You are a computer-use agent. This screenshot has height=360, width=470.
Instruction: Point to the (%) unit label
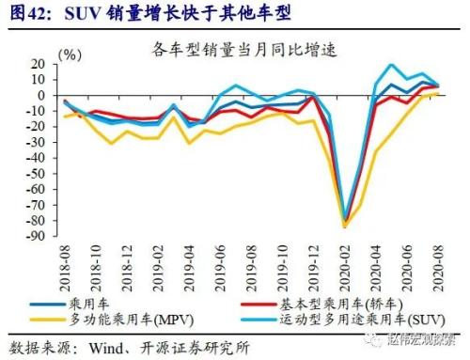coord(70,55)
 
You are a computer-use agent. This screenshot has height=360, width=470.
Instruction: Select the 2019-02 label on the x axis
coord(155,265)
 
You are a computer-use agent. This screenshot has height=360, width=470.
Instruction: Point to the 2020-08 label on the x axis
coord(438,265)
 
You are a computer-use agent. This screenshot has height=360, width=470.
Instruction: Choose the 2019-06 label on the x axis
coord(219,265)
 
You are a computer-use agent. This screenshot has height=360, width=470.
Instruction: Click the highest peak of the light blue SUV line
coord(392,65)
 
